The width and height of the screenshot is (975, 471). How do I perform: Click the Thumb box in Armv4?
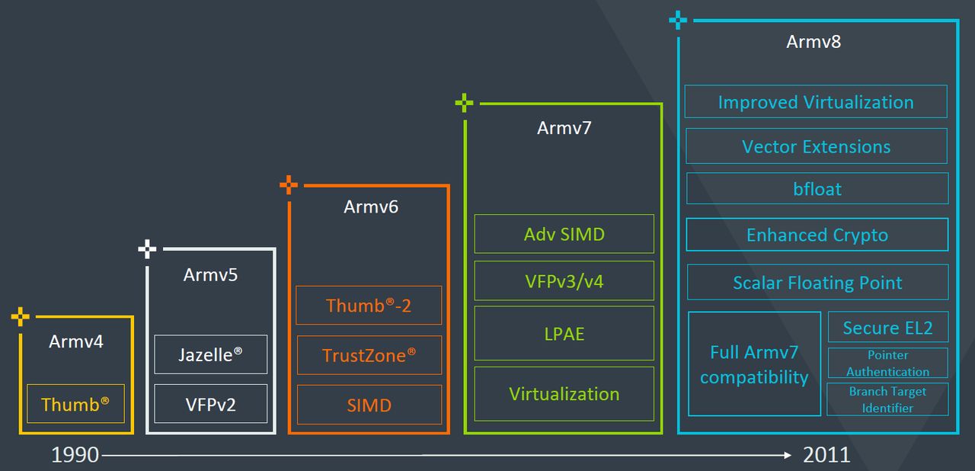tap(75, 404)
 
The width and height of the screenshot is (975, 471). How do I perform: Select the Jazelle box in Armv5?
tap(210, 354)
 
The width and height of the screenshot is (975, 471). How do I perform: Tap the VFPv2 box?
tap(210, 404)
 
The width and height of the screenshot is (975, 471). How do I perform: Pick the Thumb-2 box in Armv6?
tap(369, 306)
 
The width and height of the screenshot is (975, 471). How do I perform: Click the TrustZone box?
tap(369, 355)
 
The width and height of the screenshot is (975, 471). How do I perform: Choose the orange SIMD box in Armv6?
tap(369, 405)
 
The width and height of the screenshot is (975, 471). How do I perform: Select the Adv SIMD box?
tap(564, 234)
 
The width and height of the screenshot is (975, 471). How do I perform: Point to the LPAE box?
tap(564, 333)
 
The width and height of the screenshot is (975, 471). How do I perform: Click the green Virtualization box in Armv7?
tap(564, 394)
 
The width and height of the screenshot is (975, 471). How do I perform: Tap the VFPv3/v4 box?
tap(564, 280)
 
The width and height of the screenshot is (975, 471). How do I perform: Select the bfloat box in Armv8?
tap(817, 188)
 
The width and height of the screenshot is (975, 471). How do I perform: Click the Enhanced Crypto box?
tap(817, 235)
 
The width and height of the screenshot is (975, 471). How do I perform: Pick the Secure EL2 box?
tap(887, 328)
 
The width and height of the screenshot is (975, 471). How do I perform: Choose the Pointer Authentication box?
tap(887, 363)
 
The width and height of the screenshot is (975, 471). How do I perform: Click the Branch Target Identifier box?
tap(887, 399)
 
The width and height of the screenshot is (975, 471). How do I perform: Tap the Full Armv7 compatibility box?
tap(754, 364)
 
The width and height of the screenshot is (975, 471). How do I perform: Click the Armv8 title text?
tap(814, 42)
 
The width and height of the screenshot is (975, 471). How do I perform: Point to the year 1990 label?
tap(75, 455)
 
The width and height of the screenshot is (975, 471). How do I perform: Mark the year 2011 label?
tap(826, 455)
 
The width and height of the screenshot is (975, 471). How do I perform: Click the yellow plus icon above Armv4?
tap(21, 316)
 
